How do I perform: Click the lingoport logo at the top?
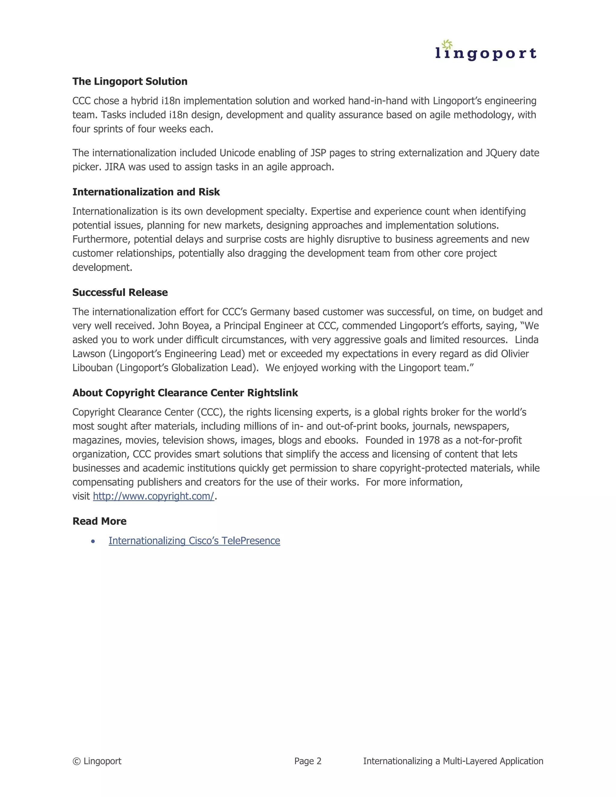(x=485, y=51)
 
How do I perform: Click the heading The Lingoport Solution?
(x=130, y=82)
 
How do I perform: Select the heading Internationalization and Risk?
(x=146, y=192)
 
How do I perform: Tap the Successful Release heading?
(x=120, y=292)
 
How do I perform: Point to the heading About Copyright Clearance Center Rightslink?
(x=185, y=393)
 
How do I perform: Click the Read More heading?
(x=99, y=521)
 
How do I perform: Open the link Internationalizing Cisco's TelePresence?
(x=194, y=540)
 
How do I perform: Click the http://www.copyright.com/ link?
(x=153, y=496)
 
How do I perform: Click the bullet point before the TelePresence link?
(x=93, y=541)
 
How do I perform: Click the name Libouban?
(x=93, y=368)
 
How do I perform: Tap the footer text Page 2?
(x=308, y=761)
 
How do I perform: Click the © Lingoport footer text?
(x=97, y=761)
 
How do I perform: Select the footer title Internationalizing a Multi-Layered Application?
(x=453, y=761)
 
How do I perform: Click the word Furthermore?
(x=101, y=239)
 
